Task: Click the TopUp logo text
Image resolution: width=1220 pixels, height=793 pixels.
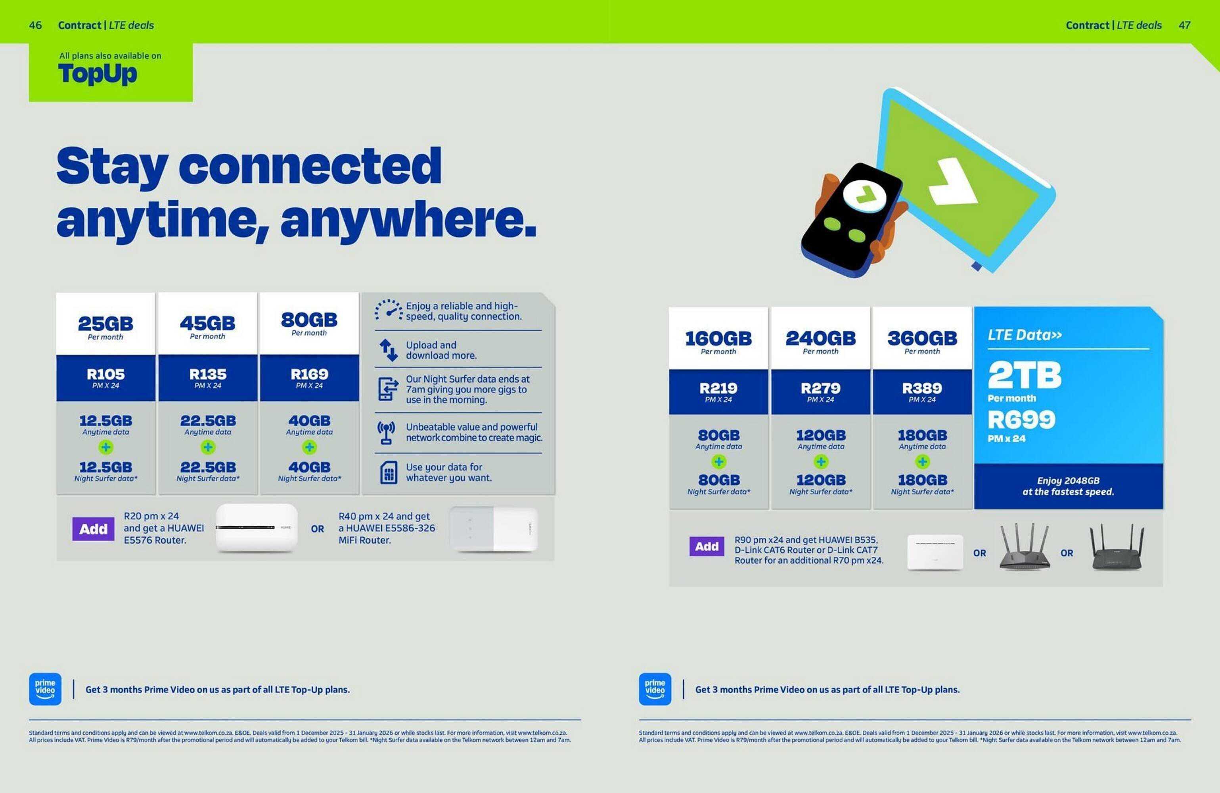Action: (x=98, y=74)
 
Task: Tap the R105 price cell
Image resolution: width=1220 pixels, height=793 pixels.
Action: (x=105, y=378)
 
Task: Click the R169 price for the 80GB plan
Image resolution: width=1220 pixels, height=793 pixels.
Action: (x=309, y=378)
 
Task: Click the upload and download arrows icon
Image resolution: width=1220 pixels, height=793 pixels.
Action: (x=388, y=350)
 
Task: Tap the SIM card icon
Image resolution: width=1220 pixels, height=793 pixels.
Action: (x=389, y=472)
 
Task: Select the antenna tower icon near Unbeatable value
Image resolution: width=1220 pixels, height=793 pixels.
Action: (x=386, y=432)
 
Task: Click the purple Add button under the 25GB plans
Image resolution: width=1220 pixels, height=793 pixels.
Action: (x=93, y=529)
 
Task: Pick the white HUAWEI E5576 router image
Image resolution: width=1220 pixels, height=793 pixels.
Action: (x=256, y=528)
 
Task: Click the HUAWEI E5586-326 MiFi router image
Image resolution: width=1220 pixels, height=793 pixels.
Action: (x=493, y=529)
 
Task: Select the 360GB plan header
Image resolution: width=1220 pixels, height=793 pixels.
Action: (x=922, y=341)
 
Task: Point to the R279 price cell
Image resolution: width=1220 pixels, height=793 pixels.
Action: (x=820, y=392)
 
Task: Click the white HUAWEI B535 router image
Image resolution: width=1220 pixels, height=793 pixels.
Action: (x=935, y=552)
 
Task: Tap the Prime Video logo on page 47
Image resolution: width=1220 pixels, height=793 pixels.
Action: (x=655, y=689)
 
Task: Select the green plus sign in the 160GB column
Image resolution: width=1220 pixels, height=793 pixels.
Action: (x=719, y=462)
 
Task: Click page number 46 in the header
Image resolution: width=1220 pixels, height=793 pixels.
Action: (x=35, y=25)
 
